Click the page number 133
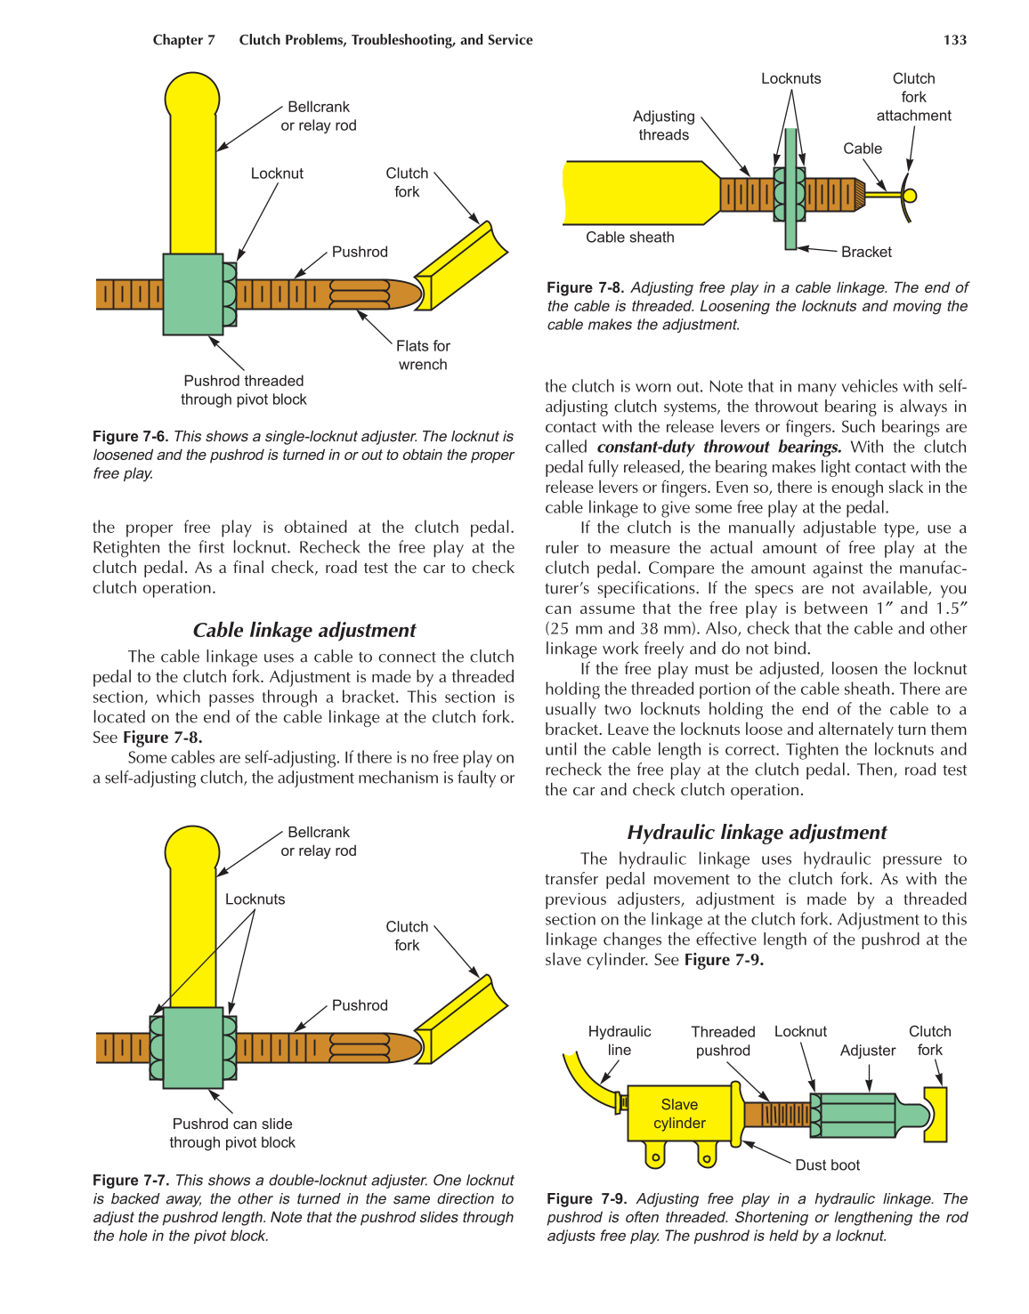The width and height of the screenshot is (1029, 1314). click(954, 40)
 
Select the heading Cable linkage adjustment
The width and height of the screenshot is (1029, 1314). click(304, 630)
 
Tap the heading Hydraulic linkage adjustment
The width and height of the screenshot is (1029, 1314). click(757, 832)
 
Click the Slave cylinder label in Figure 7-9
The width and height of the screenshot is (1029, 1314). click(679, 1114)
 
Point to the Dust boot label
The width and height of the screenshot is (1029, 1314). click(827, 1165)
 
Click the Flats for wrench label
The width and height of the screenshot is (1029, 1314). click(423, 355)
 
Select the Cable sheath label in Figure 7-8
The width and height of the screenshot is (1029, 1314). click(629, 238)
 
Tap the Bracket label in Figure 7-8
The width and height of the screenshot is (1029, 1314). click(865, 252)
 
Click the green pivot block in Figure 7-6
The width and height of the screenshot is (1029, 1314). click(192, 294)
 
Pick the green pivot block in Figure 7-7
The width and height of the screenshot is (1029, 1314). click(192, 1047)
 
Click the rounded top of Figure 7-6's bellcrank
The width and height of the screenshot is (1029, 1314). click(192, 96)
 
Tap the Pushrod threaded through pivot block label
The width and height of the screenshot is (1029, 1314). click(243, 391)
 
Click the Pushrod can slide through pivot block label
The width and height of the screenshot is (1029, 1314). click(232, 1133)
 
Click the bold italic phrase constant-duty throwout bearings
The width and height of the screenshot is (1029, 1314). click(718, 447)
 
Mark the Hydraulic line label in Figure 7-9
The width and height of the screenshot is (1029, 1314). click(619, 1041)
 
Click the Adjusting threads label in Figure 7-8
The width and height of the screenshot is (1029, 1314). click(663, 125)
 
